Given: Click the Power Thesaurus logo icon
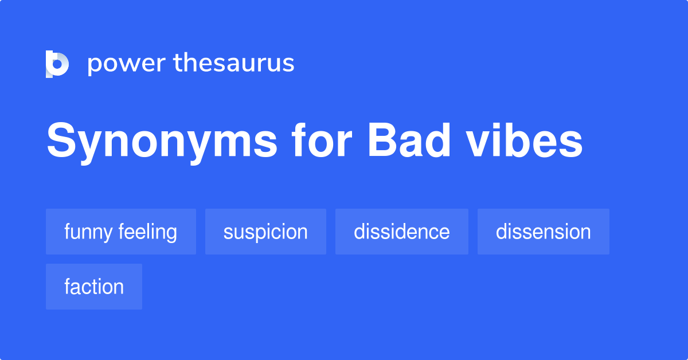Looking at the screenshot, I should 57,64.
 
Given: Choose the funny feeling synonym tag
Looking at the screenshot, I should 121,232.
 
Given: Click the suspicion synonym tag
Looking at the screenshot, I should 265,232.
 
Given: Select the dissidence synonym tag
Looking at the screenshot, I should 401,232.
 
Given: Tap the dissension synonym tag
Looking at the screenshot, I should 543,232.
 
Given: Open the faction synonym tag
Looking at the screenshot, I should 94,287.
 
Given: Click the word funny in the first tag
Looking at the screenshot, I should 89,232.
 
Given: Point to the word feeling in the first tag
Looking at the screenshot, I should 148,232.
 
